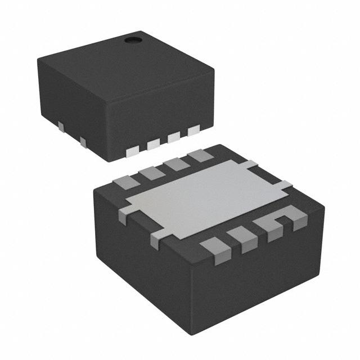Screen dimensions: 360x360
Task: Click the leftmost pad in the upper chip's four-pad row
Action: coord(133,151)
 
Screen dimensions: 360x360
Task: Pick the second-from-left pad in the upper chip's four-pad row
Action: coord(153,145)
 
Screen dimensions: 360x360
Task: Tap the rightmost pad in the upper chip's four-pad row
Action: coord(194,131)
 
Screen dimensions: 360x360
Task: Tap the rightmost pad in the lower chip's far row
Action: coord(200,155)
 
